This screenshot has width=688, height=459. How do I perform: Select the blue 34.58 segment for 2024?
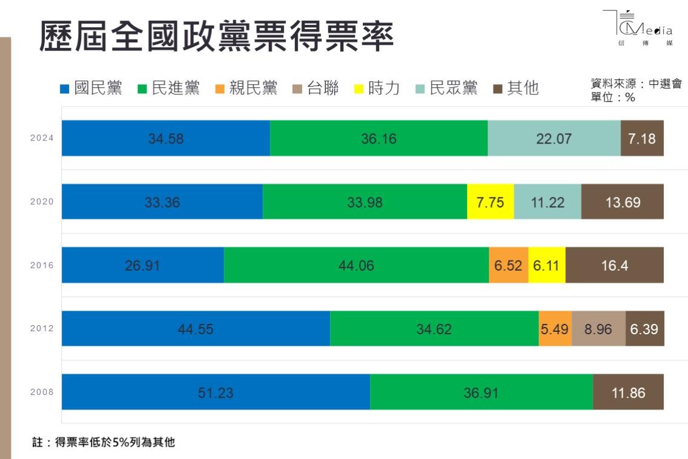tap(165, 138)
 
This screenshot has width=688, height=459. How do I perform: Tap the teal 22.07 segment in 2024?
tap(554, 138)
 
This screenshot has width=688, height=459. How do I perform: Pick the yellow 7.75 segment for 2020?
tap(490, 202)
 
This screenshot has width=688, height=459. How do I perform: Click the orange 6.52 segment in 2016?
tap(508, 265)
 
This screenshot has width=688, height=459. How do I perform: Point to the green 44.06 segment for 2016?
tap(356, 265)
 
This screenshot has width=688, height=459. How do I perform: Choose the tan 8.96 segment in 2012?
tap(598, 329)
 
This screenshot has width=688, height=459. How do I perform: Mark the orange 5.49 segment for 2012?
tap(555, 329)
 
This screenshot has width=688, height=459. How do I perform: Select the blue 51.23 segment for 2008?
tap(216, 392)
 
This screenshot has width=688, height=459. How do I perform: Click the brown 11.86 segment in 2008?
tap(628, 392)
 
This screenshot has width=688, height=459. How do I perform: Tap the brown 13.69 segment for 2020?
tap(623, 202)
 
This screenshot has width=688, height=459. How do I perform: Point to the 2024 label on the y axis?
tap(42, 138)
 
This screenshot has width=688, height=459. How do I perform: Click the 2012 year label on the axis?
tap(42, 329)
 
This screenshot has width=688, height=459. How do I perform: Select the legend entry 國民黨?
tap(91, 88)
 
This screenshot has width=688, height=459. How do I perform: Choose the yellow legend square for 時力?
tap(359, 90)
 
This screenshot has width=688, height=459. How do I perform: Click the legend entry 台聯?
tap(315, 88)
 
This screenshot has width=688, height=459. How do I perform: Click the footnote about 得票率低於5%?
tap(103, 443)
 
